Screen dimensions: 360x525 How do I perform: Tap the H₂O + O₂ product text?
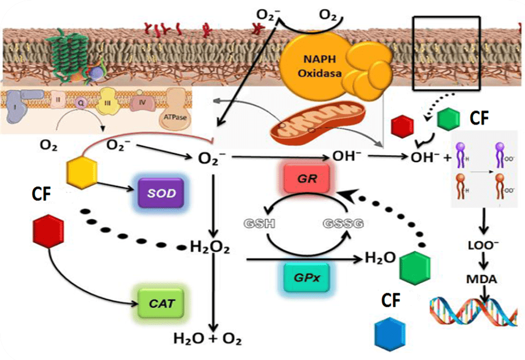click(207, 339)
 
